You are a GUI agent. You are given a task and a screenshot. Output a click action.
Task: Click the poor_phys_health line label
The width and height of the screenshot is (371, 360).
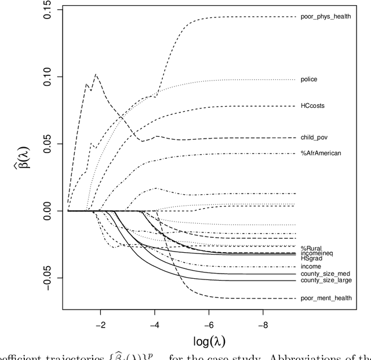(x=325, y=17)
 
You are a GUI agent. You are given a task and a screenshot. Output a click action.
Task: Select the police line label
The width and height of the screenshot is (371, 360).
(x=309, y=79)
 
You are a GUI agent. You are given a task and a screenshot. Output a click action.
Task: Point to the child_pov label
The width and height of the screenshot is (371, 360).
(x=314, y=138)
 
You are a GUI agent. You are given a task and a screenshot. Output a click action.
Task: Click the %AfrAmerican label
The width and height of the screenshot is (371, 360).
(x=321, y=153)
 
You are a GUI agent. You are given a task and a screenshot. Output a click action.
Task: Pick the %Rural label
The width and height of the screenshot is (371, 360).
(x=311, y=248)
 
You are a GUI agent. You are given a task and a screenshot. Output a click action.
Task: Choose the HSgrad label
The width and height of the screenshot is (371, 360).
(x=310, y=258)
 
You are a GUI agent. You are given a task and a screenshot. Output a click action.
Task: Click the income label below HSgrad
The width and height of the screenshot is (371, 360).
(x=311, y=266)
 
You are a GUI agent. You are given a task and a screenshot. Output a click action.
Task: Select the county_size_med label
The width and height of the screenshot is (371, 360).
(x=325, y=274)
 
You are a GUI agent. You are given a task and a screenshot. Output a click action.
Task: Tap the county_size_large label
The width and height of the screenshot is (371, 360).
(x=326, y=281)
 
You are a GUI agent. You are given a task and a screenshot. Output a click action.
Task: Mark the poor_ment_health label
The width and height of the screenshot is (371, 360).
(x=326, y=298)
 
